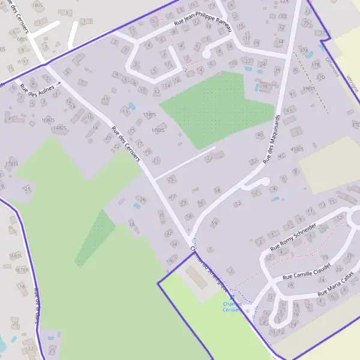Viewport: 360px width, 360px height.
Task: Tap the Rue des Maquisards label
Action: (271, 137)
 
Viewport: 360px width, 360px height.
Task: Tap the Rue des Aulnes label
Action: (37, 91)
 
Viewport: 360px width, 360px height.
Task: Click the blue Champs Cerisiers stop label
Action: (232, 307)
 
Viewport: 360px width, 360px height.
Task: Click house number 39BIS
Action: (308, 88)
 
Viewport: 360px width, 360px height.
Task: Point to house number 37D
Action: (320, 77)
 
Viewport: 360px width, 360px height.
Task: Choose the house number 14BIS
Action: (59, 128)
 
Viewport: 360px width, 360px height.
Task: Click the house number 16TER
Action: (23, 271)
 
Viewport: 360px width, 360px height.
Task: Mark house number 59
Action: (214, 224)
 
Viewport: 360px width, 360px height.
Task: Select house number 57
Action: (238, 204)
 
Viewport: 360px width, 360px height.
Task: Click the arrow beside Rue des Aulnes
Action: (59, 84)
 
